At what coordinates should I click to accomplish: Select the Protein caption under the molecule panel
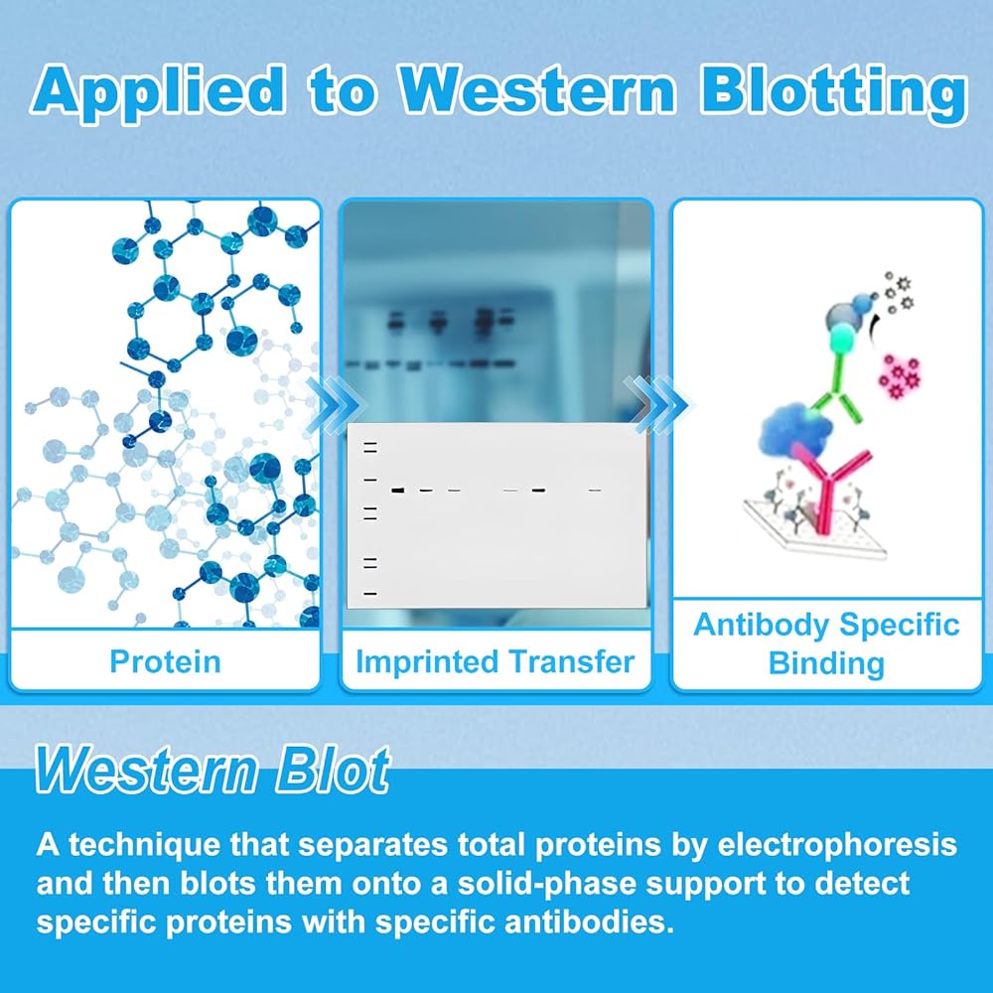click(x=165, y=661)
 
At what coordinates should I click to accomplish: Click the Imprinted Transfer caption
click(x=496, y=661)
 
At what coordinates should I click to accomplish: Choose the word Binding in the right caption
click(x=826, y=663)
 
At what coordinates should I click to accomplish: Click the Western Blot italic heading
click(x=213, y=769)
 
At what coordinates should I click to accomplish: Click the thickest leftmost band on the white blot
click(x=398, y=491)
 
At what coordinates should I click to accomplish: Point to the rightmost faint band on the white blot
click(x=594, y=491)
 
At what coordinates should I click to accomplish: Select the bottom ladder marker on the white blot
click(x=370, y=594)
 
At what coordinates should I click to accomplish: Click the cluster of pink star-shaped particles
click(x=900, y=376)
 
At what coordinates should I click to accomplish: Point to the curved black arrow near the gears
click(x=875, y=327)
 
